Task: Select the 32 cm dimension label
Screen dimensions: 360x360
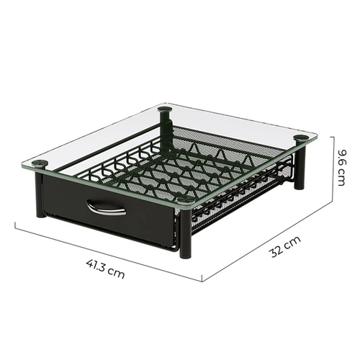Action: click(x=286, y=247)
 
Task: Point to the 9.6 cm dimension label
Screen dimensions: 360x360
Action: click(x=341, y=168)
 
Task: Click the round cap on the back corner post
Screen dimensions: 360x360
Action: click(x=166, y=109)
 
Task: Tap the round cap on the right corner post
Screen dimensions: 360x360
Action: click(x=301, y=138)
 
